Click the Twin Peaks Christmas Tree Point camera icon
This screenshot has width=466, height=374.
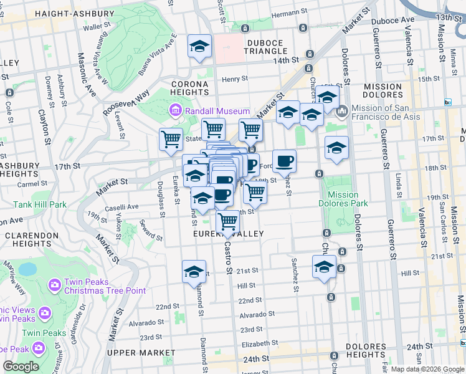(x=54, y=285)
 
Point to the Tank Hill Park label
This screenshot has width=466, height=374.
(x=40, y=204)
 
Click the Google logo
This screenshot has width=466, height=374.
(x=21, y=367)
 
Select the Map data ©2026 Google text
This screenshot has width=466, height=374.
(x=427, y=368)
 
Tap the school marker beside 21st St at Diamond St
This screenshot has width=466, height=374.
(x=194, y=271)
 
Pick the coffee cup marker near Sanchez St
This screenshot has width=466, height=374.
(x=285, y=161)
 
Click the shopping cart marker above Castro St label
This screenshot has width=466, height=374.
(x=228, y=221)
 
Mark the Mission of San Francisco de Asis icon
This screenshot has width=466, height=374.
(x=341, y=112)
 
